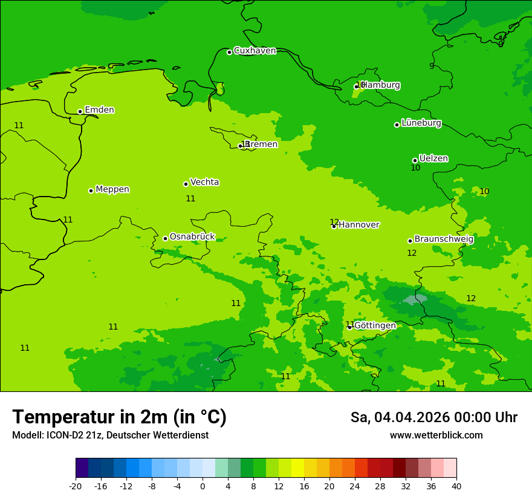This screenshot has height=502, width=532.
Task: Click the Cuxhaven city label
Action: pyautogui.click(x=255, y=51)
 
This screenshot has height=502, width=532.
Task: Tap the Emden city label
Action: pyautogui.click(x=99, y=110)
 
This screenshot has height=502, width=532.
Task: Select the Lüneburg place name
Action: pyautogui.click(x=421, y=123)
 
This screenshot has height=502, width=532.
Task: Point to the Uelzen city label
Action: pyautogui.click(x=433, y=158)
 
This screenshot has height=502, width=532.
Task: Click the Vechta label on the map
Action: pyautogui.click(x=204, y=182)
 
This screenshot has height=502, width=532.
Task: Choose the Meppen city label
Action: pyautogui.click(x=112, y=189)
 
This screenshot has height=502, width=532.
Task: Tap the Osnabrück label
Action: pyautogui.click(x=192, y=236)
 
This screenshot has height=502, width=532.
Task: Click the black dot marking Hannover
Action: pyautogui.click(x=334, y=226)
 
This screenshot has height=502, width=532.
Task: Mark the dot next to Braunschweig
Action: pyautogui.click(x=410, y=241)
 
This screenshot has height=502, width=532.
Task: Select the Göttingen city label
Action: pyautogui.click(x=375, y=325)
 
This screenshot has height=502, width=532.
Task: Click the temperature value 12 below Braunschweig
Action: pyautogui.click(x=412, y=253)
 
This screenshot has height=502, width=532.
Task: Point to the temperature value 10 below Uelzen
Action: pyautogui.click(x=415, y=168)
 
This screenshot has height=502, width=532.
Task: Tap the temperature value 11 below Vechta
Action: pyautogui.click(x=190, y=198)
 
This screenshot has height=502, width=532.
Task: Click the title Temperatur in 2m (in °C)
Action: pyautogui.click(x=119, y=417)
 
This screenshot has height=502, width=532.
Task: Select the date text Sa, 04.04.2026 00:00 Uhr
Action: pyautogui.click(x=433, y=417)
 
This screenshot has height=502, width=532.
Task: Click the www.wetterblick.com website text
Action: pyautogui.click(x=436, y=435)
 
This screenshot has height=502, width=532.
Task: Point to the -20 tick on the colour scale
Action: pyautogui.click(x=76, y=486)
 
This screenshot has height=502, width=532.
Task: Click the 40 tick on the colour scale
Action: pyautogui.click(x=456, y=486)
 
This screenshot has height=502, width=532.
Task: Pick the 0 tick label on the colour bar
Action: pyautogui.click(x=203, y=486)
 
